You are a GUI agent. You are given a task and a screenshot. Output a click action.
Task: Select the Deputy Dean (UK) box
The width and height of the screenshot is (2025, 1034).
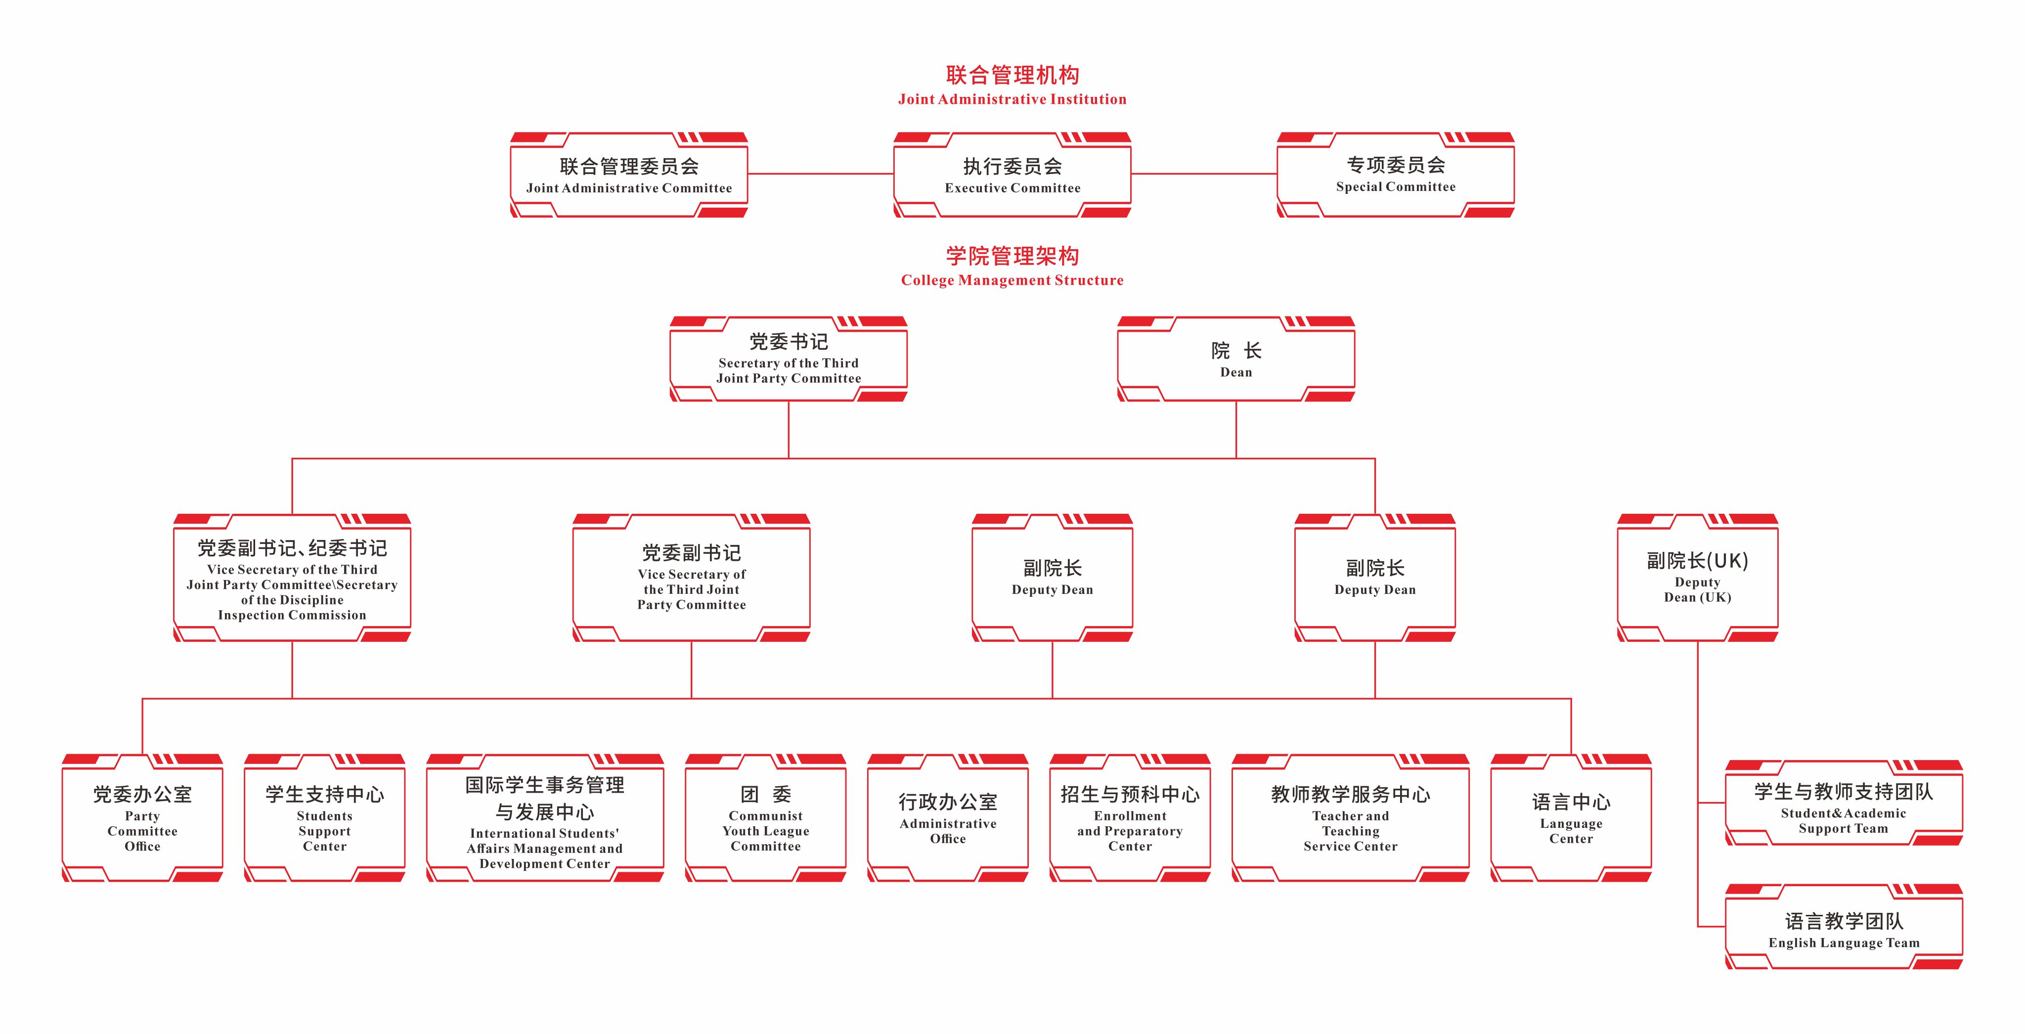[1697, 578]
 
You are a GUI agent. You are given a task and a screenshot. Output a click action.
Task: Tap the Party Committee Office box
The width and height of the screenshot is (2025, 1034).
[142, 818]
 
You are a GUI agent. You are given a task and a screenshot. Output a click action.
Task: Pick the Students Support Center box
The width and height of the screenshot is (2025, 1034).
[325, 818]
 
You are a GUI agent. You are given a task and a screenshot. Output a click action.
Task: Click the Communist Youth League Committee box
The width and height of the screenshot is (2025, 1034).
[766, 818]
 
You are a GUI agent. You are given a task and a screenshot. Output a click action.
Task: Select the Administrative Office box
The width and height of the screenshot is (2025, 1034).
[948, 818]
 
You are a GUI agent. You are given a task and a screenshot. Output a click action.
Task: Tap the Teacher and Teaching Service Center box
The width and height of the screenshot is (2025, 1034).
[1351, 818]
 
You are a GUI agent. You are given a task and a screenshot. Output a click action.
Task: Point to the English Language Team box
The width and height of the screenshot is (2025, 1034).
[1844, 927]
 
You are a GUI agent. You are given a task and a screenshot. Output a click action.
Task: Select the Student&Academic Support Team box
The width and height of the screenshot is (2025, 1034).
[1844, 803]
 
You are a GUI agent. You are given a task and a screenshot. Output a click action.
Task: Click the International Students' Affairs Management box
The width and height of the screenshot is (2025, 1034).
[545, 818]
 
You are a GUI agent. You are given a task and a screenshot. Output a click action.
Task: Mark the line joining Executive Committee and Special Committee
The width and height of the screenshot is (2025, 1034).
[1203, 174]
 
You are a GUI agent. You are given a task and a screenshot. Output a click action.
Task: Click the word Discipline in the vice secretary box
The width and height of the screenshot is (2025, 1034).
[311, 600]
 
